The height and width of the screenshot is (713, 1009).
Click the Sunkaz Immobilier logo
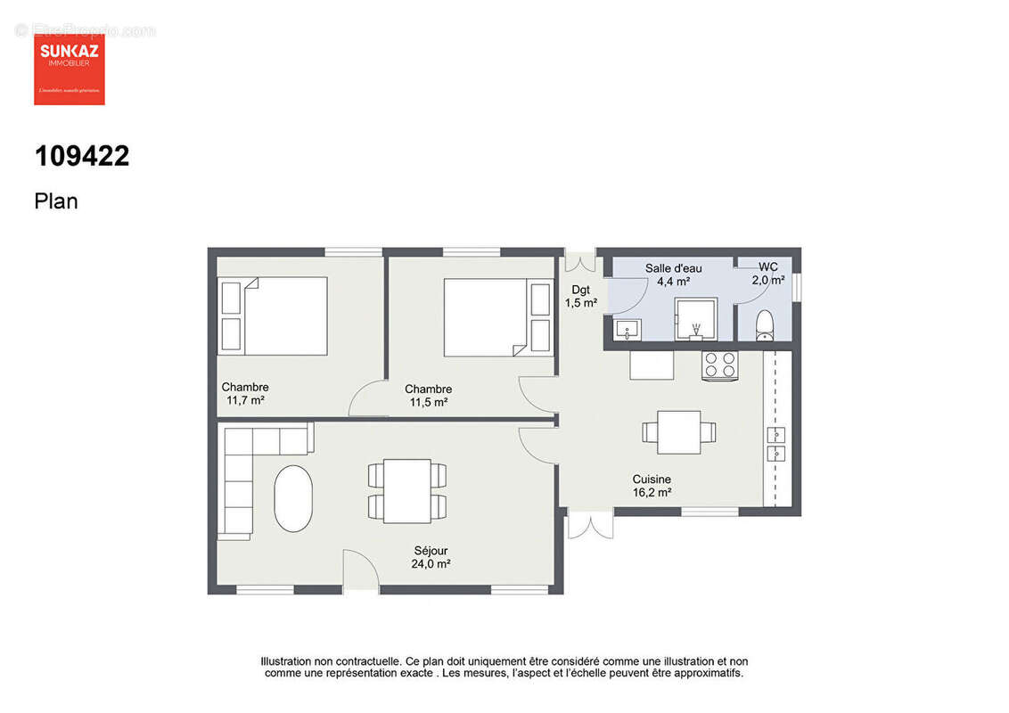(70, 69)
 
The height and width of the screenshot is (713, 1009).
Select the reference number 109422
(82, 157)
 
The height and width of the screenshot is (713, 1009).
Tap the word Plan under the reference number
(56, 201)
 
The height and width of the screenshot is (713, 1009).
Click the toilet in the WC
(765, 325)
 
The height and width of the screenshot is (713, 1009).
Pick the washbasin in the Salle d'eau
(628, 331)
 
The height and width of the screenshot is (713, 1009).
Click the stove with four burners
(720, 365)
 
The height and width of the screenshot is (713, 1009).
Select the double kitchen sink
(776, 444)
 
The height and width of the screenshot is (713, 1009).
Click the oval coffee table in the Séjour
(293, 498)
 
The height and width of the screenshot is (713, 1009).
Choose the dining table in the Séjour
(406, 491)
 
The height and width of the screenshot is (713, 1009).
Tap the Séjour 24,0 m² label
(430, 558)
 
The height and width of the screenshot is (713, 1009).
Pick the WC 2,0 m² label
(767, 273)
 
